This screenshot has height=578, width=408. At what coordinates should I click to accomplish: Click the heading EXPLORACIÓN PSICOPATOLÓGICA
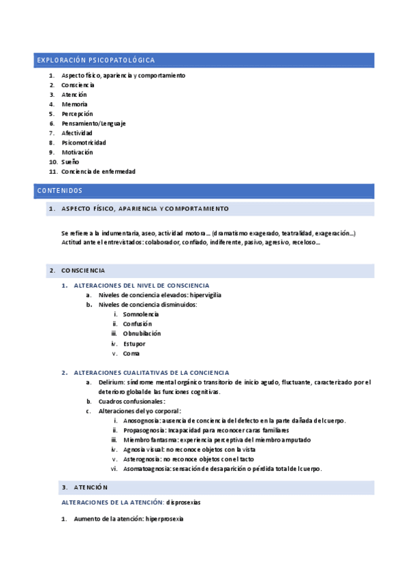pyautogui.click(x=95, y=61)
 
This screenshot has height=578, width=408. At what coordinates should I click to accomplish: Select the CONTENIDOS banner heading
pyautogui.click(x=60, y=190)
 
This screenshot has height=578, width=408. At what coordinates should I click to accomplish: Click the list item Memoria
pyautogui.click(x=74, y=104)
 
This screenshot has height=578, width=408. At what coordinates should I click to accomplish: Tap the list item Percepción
pyautogui.click(x=77, y=114)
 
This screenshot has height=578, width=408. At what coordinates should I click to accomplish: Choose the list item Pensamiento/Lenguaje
pyautogui.click(x=93, y=123)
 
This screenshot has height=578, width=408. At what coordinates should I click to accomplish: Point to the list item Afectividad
pyautogui.click(x=77, y=133)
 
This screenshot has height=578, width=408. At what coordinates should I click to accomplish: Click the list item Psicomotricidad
pyautogui.click(x=83, y=142)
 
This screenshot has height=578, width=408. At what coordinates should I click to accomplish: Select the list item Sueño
pyautogui.click(x=70, y=162)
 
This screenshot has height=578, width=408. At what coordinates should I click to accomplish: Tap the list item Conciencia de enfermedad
pyautogui.click(x=98, y=171)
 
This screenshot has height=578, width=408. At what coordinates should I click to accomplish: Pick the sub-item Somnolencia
pyautogui.click(x=141, y=314)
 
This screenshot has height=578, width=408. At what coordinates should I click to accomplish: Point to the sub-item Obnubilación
pyautogui.click(x=142, y=333)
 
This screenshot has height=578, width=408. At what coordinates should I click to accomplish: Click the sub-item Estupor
pyautogui.click(x=134, y=344)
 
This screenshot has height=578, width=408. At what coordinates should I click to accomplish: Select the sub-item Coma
pyautogui.click(x=131, y=353)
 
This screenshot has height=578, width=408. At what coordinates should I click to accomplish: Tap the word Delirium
pyautogui.click(x=112, y=382)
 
